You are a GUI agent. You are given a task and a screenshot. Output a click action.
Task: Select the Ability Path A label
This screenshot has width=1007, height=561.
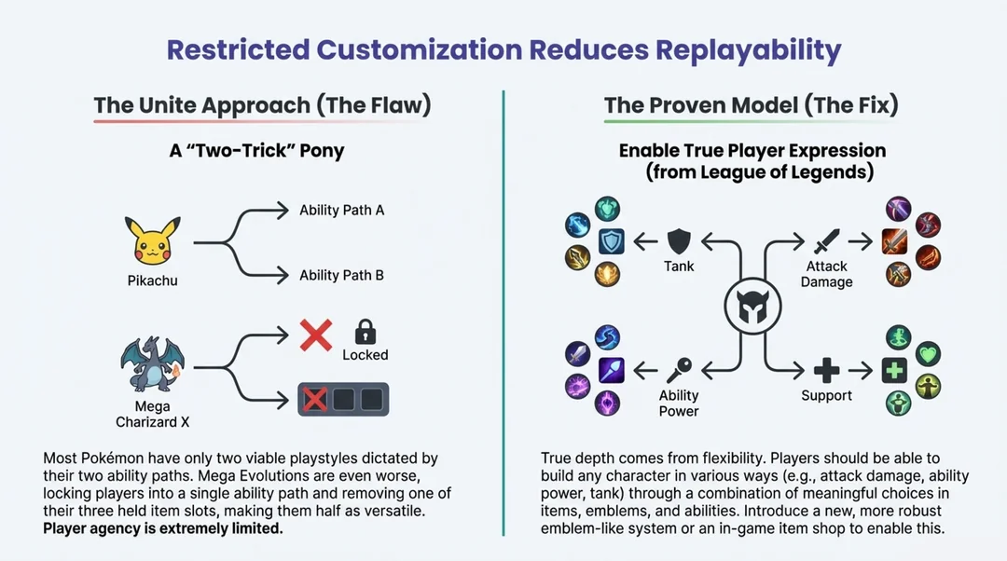pos(341,211)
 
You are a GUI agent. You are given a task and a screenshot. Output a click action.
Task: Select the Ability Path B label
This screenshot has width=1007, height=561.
pos(341,276)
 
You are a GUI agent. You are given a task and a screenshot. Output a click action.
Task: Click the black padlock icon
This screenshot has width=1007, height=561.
pos(365,332)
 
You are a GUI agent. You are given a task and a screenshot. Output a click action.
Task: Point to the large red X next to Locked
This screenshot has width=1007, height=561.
pos(316,334)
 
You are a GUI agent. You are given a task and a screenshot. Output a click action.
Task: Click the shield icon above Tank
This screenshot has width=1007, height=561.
pos(678,242)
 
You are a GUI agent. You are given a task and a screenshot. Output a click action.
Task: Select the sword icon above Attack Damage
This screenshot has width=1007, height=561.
pos(826,243)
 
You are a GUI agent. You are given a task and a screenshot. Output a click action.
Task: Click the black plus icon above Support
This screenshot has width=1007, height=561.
pos(826,370)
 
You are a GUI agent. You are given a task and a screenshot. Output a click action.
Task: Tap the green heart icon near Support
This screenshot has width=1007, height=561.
pos(929,353)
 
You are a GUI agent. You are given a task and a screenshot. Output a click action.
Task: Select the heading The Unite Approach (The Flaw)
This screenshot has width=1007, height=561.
pos(262,105)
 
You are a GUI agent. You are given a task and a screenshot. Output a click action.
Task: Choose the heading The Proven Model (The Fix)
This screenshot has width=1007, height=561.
pos(751,105)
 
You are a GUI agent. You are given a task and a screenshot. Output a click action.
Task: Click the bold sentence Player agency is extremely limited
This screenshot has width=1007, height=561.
pos(163,528)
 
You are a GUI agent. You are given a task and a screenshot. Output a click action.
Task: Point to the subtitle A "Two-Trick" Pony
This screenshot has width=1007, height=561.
pos(256,151)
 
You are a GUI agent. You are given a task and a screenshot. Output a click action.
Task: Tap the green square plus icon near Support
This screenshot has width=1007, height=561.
pos(894,370)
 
